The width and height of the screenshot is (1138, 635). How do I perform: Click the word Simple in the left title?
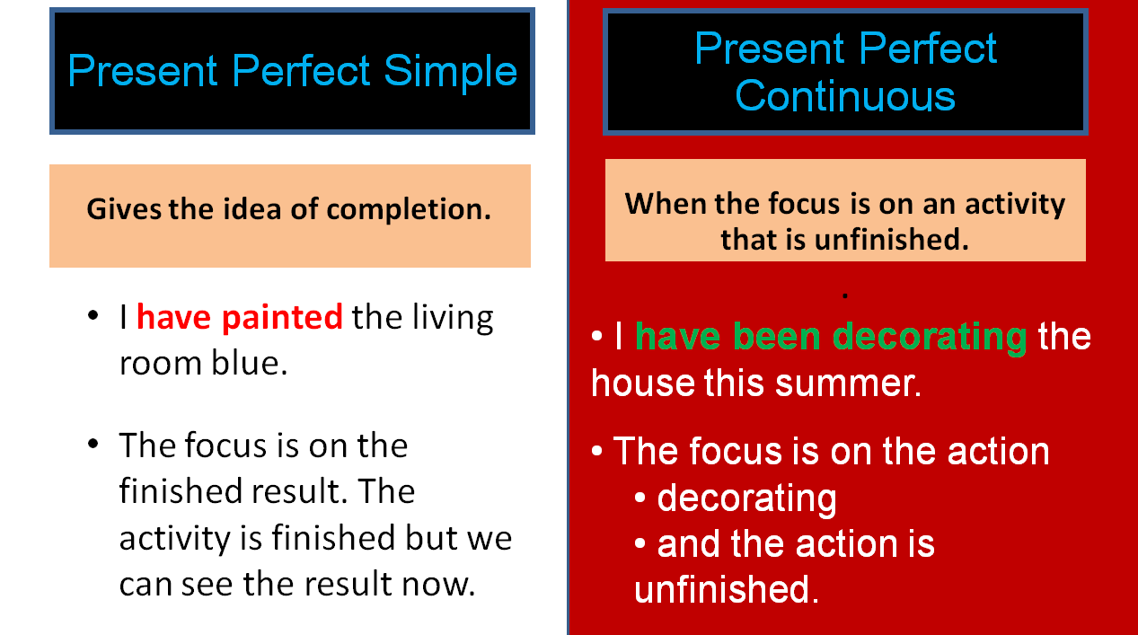(451, 71)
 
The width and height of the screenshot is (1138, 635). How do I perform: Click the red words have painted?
(239, 317)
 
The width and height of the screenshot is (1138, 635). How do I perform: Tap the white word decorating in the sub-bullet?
(746, 498)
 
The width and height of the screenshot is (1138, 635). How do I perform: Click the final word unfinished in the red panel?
(726, 590)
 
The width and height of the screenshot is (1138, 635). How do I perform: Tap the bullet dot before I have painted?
(93, 318)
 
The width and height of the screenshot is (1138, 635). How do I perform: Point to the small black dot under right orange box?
(846, 295)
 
